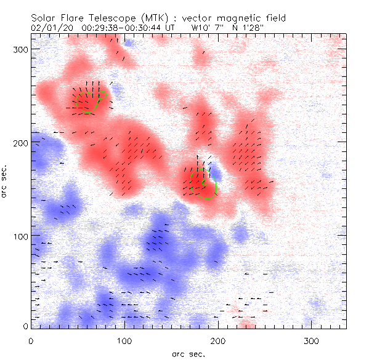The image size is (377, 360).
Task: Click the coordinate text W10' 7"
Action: coord(205,27)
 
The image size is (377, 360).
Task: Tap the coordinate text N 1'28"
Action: coord(248,27)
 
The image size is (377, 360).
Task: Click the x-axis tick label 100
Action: coord(125,340)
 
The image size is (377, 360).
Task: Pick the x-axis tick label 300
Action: coord(312,340)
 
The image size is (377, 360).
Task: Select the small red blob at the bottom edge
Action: coord(247,324)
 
